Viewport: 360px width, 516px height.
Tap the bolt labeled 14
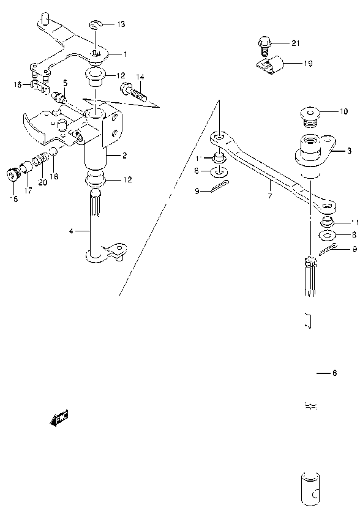click(135, 92)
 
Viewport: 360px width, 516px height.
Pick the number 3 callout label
click(348, 150)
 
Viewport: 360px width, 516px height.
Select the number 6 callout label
click(334, 373)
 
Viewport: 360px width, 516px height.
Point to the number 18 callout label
click(53, 176)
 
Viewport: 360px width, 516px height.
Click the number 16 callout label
click(17, 84)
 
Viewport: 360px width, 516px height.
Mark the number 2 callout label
click(124, 155)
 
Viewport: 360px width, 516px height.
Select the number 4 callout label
click(71, 231)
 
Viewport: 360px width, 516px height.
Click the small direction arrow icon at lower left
click(59, 419)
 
